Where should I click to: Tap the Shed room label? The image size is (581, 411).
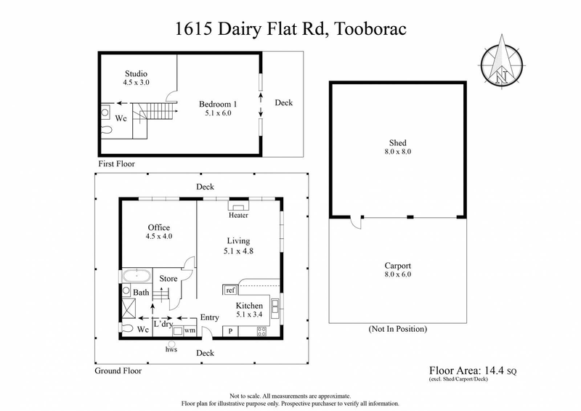point(397,143)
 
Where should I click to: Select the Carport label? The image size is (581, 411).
point(397,266)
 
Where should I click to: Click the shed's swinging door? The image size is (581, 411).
point(354,224)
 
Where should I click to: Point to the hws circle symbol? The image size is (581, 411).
point(173,343)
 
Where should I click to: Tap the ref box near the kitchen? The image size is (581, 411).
point(230,290)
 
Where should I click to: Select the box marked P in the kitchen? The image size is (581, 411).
point(231,331)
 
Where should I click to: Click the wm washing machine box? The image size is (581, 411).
point(190,331)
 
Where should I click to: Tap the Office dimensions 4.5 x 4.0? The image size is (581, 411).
point(159,236)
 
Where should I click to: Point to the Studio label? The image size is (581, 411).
point(136,73)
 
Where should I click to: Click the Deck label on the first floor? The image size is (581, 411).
point(283,103)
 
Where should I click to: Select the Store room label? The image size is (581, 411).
point(168,278)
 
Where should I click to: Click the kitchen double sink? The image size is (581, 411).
point(275,308)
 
